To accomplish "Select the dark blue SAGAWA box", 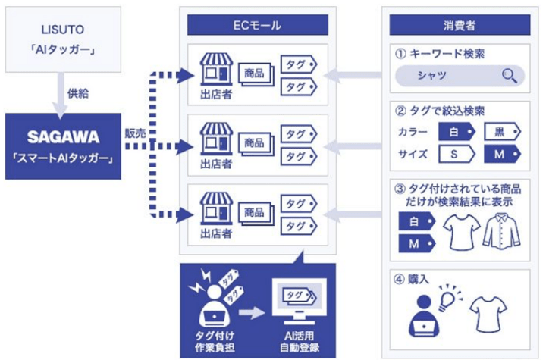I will click(63, 146).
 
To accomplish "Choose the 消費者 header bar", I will click(459, 25).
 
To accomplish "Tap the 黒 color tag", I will click(501, 132).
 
